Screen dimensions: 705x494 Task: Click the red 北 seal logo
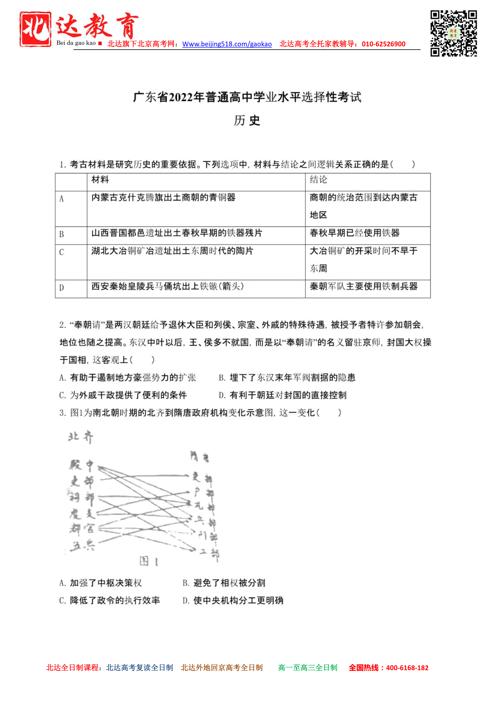(35, 29)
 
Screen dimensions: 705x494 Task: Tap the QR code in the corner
(453, 33)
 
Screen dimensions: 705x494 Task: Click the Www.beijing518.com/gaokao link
(227, 44)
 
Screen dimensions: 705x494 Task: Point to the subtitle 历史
(247, 120)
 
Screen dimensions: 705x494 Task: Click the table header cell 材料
(100, 180)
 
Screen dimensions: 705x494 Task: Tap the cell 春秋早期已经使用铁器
(354, 233)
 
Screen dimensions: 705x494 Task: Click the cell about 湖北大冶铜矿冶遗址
(172, 251)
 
